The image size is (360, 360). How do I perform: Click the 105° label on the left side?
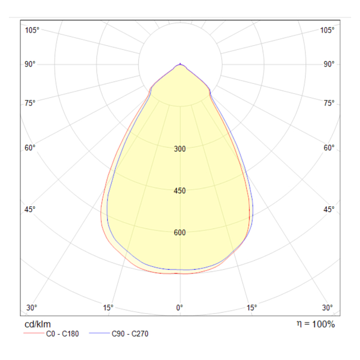[32, 30]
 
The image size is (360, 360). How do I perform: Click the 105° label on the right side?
[327, 30]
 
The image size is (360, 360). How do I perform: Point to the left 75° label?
[30, 103]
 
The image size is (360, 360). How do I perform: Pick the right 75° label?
[329, 103]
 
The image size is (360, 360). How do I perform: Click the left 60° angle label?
[30, 148]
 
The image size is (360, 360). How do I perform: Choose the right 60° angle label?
[329, 148]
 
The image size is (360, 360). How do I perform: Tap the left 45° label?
[30, 209]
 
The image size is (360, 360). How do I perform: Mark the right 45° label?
[329, 209]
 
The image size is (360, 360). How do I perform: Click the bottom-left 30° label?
[32, 308]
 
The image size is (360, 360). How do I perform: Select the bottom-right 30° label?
[328, 308]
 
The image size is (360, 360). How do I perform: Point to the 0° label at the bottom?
[179, 308]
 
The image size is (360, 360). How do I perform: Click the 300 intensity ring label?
[179, 150]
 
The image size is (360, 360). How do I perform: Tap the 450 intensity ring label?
[179, 191]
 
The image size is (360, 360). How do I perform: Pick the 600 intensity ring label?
[179, 233]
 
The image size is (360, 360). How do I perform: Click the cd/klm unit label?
[38, 325]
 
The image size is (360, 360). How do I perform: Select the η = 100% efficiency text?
[315, 324]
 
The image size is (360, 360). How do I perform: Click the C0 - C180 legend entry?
[59, 334]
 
